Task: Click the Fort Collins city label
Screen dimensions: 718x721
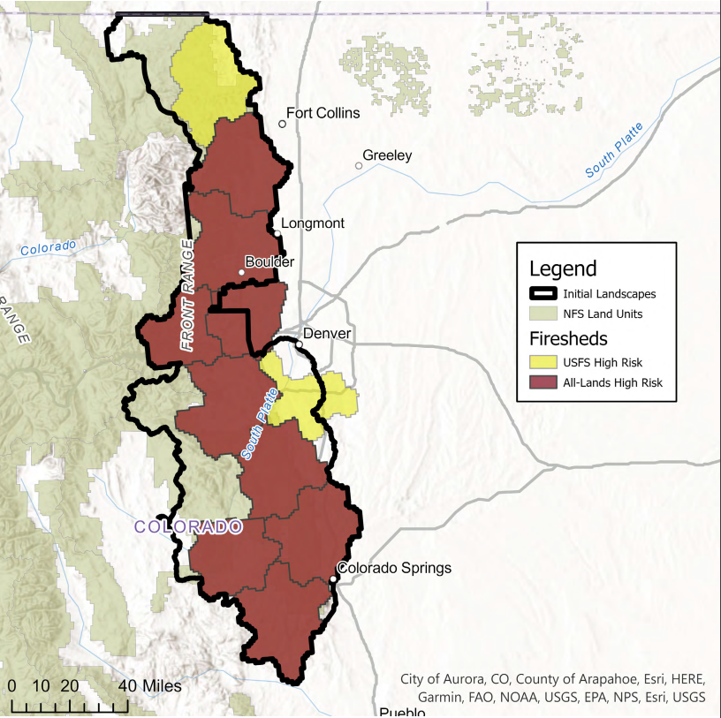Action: (x=323, y=113)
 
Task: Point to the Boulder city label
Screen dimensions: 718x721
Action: (x=269, y=261)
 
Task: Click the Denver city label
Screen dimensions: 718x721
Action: (x=327, y=333)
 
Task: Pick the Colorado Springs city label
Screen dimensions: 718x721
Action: (x=395, y=567)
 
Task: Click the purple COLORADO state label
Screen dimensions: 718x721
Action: (x=188, y=527)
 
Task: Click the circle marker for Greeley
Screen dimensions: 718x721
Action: (x=359, y=165)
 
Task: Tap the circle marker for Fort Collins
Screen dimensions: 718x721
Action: (x=283, y=124)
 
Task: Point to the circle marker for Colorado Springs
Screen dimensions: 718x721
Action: (x=334, y=579)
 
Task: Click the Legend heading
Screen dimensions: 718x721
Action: (x=563, y=268)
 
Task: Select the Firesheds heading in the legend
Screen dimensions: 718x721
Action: (x=569, y=338)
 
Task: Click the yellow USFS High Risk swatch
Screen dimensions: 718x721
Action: (x=543, y=361)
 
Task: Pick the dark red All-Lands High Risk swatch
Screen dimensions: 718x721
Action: (x=543, y=382)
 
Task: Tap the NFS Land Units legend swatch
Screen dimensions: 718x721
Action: (x=543, y=314)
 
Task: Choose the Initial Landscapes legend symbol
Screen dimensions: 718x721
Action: (x=543, y=294)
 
